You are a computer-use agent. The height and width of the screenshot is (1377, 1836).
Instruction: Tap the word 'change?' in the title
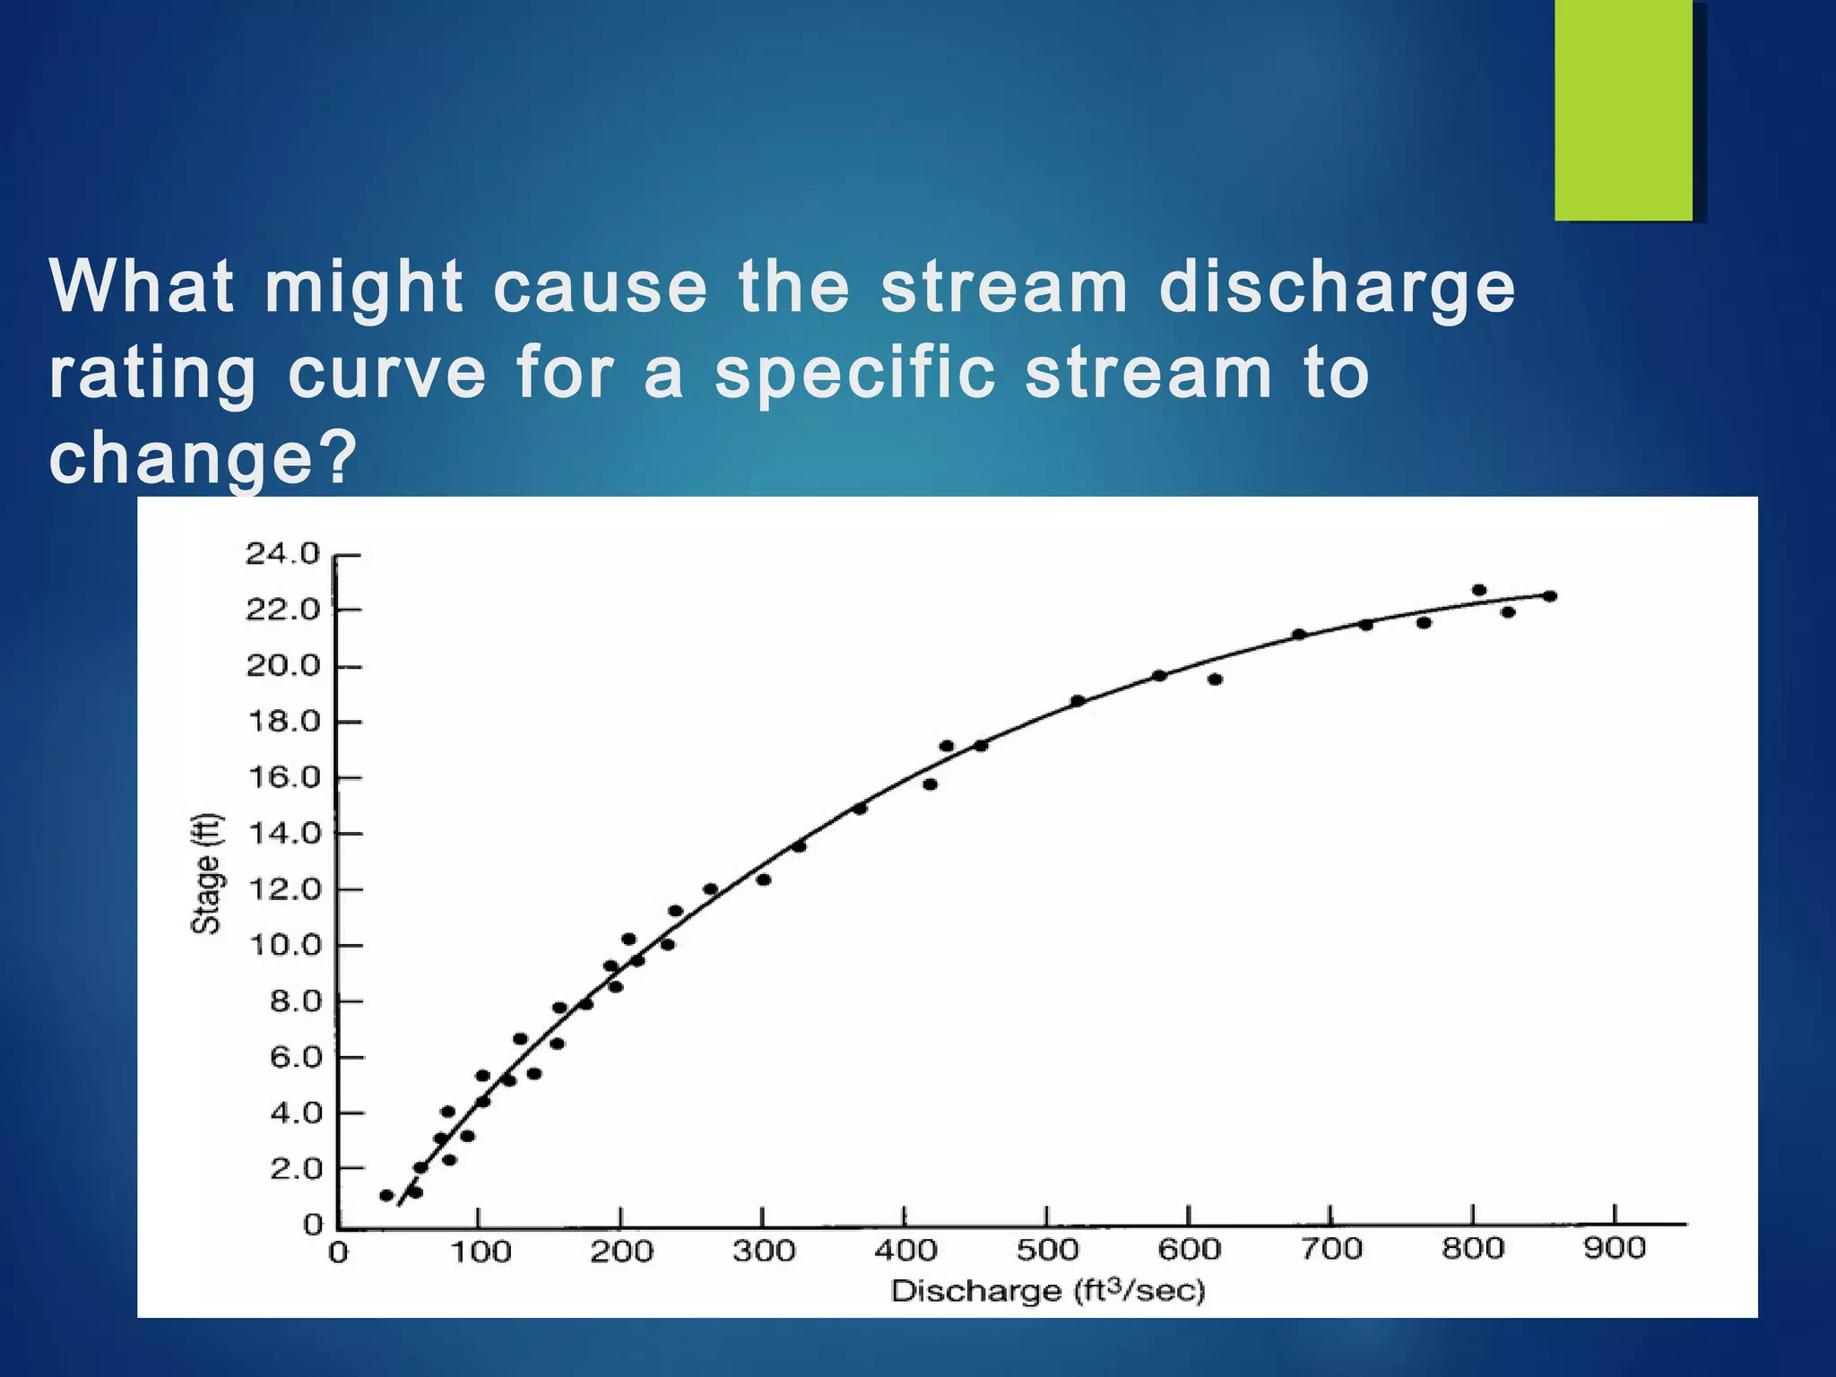point(203,459)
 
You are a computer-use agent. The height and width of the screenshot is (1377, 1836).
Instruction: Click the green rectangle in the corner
point(1623,109)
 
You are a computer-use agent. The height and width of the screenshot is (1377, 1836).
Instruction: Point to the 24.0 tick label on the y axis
point(282,554)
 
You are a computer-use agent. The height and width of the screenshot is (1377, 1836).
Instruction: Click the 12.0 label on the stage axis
point(282,889)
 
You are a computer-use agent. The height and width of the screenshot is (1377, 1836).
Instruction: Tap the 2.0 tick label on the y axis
point(295,1169)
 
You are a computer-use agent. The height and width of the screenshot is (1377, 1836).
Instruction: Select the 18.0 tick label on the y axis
point(282,722)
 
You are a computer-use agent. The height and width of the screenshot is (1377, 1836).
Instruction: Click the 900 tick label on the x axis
point(1614,1249)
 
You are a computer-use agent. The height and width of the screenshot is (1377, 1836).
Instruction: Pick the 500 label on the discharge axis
point(1046,1250)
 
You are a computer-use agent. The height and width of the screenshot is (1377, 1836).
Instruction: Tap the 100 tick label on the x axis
point(480,1251)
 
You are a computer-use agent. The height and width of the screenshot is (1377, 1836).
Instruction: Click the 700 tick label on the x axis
point(1331,1249)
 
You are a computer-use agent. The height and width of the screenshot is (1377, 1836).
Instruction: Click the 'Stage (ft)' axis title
point(206,873)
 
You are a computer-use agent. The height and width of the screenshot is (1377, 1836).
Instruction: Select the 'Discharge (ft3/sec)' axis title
point(1047,1291)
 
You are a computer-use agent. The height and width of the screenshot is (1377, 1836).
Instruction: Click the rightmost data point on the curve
point(1550,596)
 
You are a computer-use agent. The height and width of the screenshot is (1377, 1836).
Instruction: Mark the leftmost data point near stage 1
point(386,1195)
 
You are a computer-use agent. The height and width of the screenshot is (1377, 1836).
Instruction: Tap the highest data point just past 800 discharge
point(1479,590)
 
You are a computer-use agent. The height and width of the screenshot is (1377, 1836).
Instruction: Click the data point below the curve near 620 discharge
point(1215,680)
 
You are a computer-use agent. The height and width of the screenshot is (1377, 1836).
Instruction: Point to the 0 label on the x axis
point(338,1252)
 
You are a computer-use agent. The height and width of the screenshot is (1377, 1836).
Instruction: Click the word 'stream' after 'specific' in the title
point(1147,374)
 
